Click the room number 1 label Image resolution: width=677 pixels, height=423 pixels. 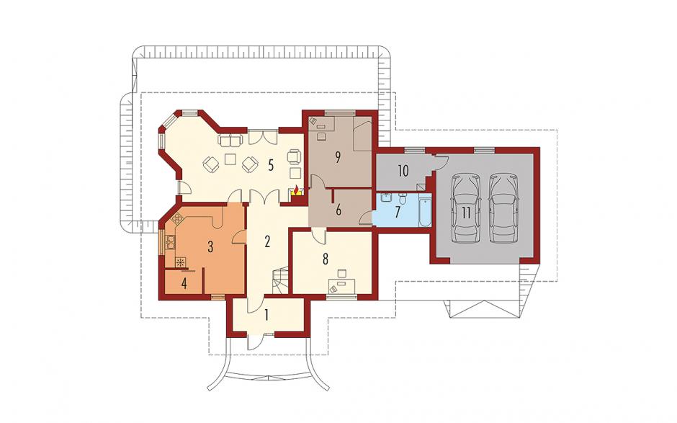pyautogui.click(x=266, y=315)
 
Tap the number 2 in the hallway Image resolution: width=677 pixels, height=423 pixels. pyautogui.click(x=268, y=241)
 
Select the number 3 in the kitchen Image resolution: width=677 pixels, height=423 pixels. pyautogui.click(x=210, y=246)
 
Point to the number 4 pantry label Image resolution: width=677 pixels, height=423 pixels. pyautogui.click(x=184, y=285)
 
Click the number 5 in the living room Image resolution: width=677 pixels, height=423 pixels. pyautogui.click(x=271, y=165)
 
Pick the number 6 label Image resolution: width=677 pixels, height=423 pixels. pyautogui.click(x=338, y=210)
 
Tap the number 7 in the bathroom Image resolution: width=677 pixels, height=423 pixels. pyautogui.click(x=398, y=211)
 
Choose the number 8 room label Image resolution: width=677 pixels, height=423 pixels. pyautogui.click(x=325, y=259)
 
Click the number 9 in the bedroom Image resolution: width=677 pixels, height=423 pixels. pyautogui.click(x=338, y=157)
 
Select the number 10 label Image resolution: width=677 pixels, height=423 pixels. pyautogui.click(x=403, y=171)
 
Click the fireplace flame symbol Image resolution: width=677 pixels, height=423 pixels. pyautogui.click(x=296, y=190)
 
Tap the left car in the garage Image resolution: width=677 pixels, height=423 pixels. pyautogui.click(x=465, y=208)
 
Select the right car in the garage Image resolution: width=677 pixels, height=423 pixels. pyautogui.click(x=504, y=208)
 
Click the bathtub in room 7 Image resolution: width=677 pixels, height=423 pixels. pyautogui.click(x=425, y=211)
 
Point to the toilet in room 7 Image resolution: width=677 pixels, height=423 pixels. pyautogui.click(x=403, y=199)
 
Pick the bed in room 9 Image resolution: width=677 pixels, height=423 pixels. pyautogui.click(x=362, y=136)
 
